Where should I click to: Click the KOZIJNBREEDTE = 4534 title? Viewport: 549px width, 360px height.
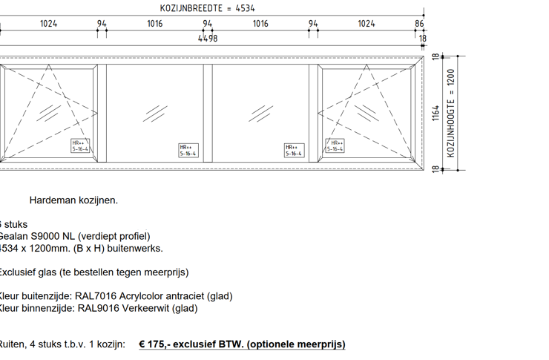[207, 8]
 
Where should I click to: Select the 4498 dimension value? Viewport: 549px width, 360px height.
[208, 39]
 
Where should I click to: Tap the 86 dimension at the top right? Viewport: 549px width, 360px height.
[420, 24]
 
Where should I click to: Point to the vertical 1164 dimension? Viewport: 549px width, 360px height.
[436, 113]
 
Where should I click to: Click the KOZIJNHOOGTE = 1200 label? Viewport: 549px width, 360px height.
[451, 113]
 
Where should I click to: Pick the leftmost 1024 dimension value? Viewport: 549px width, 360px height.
[49, 24]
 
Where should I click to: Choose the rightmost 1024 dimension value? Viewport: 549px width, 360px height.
[366, 24]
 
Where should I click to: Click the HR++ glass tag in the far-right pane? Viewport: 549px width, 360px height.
[335, 145]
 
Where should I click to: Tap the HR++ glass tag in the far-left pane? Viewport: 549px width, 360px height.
[80, 145]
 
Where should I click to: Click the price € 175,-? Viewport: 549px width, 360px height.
[156, 344]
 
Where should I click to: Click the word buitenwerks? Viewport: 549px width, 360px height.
[138, 249]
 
